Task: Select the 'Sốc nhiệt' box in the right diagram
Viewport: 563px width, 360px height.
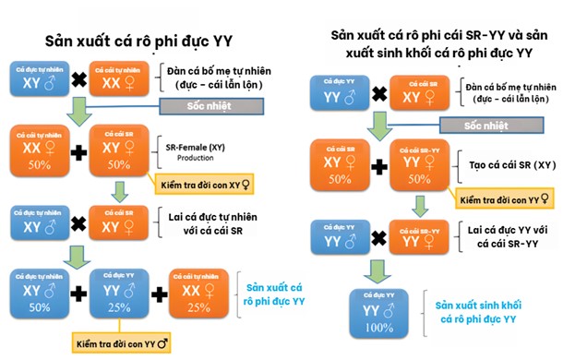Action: click(485, 125)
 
